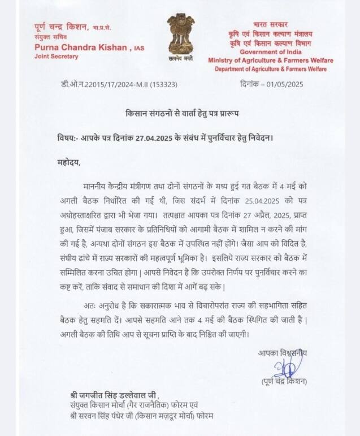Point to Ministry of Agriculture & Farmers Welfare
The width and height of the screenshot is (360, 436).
coord(271,61)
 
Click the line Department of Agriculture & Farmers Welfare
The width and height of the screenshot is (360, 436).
coord(271,68)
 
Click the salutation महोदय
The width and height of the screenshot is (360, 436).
coord(69,163)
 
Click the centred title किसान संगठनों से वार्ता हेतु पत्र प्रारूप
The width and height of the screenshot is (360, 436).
coord(181,114)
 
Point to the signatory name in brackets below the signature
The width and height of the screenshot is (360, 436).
coord(284,382)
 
